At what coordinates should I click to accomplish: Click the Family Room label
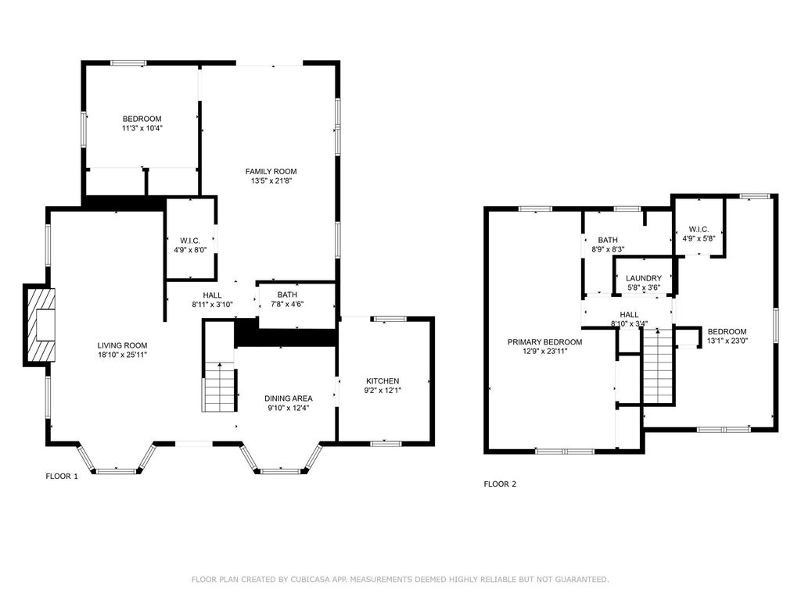[271, 171]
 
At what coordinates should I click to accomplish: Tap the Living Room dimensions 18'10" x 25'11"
[123, 355]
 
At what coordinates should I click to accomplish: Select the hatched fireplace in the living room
[40, 325]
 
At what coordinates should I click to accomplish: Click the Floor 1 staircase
[219, 387]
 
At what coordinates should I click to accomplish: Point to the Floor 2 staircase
[659, 366]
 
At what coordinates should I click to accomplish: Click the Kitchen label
[383, 381]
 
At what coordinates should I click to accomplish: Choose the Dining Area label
[288, 398]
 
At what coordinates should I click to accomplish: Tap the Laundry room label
[644, 278]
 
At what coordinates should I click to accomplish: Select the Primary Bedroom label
[544, 342]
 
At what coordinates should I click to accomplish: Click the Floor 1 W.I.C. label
[190, 241]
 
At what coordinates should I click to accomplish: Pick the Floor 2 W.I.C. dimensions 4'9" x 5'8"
[699, 238]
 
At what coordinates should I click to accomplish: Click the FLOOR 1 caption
[62, 477]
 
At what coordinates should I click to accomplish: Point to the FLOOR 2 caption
[500, 484]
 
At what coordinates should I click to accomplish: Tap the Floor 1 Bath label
[287, 295]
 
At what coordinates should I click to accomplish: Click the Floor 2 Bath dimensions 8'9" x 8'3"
[608, 249]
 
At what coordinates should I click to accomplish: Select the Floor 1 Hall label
[212, 295]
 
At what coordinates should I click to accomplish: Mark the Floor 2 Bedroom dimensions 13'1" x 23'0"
[727, 341]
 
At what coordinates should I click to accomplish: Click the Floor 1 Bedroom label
[142, 119]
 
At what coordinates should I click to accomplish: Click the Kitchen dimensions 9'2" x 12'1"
[383, 391]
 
